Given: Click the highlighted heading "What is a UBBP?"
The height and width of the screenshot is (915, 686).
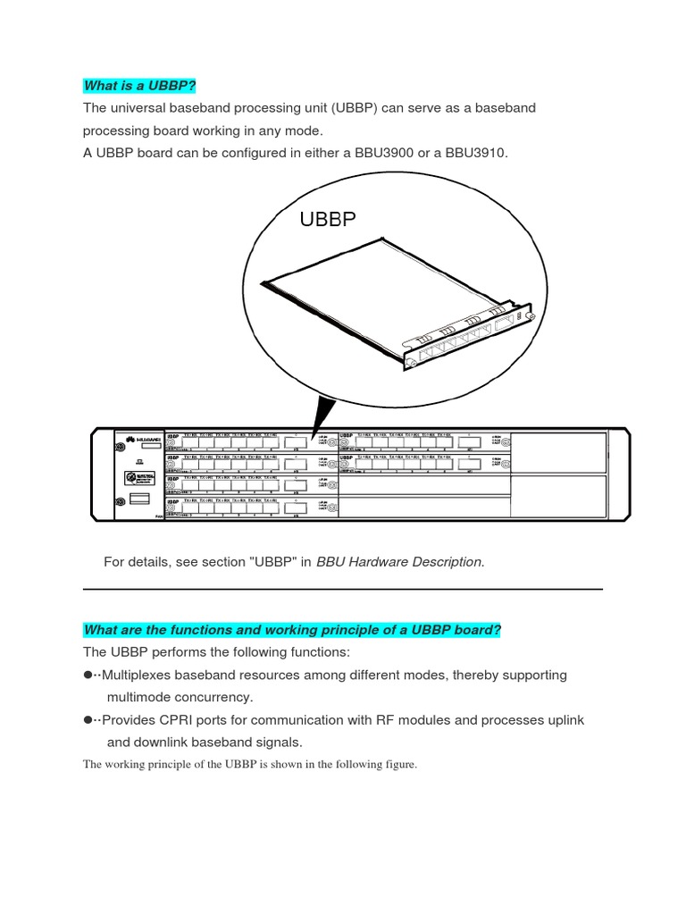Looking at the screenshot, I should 139,86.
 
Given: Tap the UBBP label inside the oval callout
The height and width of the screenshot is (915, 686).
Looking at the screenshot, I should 327,219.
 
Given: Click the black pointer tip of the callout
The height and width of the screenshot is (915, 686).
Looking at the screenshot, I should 313,435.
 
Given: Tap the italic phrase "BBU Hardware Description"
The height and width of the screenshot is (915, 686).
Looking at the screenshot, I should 400,561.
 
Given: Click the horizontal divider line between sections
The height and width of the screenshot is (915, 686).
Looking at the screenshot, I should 343,589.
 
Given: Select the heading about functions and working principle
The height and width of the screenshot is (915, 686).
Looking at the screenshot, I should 292,630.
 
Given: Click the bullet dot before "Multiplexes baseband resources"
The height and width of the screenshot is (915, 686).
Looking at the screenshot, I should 88,676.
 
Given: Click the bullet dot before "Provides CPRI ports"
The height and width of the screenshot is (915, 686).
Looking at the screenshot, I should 88,720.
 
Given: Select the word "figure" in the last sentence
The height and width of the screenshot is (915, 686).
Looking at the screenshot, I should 397,764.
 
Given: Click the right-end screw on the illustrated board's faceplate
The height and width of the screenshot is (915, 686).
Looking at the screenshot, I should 530,317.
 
